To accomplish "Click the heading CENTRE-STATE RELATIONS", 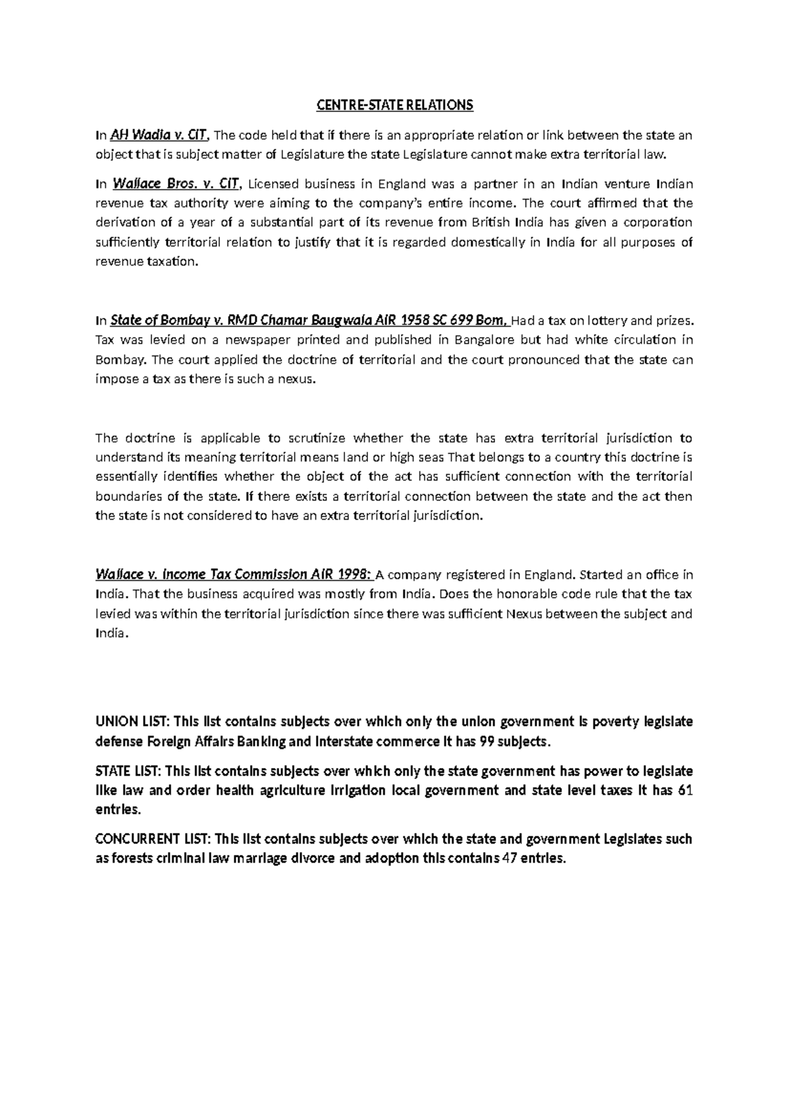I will click(x=395, y=105).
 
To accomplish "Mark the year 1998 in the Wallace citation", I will click(x=354, y=574).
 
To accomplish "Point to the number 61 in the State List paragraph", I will click(x=685, y=790).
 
